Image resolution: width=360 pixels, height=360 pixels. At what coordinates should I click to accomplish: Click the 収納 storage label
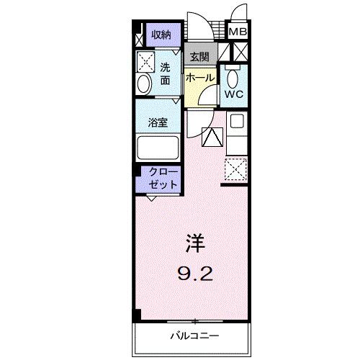point(161,35)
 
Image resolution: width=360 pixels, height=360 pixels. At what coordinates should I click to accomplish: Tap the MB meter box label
point(237,32)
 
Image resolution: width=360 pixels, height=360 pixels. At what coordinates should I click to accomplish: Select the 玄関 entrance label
point(198,56)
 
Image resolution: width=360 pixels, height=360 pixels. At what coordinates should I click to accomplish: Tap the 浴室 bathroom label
point(158,122)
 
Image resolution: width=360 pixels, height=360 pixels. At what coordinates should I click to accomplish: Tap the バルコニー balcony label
point(194,336)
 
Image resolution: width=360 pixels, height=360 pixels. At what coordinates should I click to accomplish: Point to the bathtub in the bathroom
point(158,149)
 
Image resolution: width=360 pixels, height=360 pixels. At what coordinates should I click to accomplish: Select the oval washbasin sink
point(143,85)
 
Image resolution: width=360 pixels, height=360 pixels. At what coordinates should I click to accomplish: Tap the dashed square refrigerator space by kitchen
point(237,170)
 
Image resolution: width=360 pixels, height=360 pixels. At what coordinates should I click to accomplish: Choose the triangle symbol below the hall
point(212,136)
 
